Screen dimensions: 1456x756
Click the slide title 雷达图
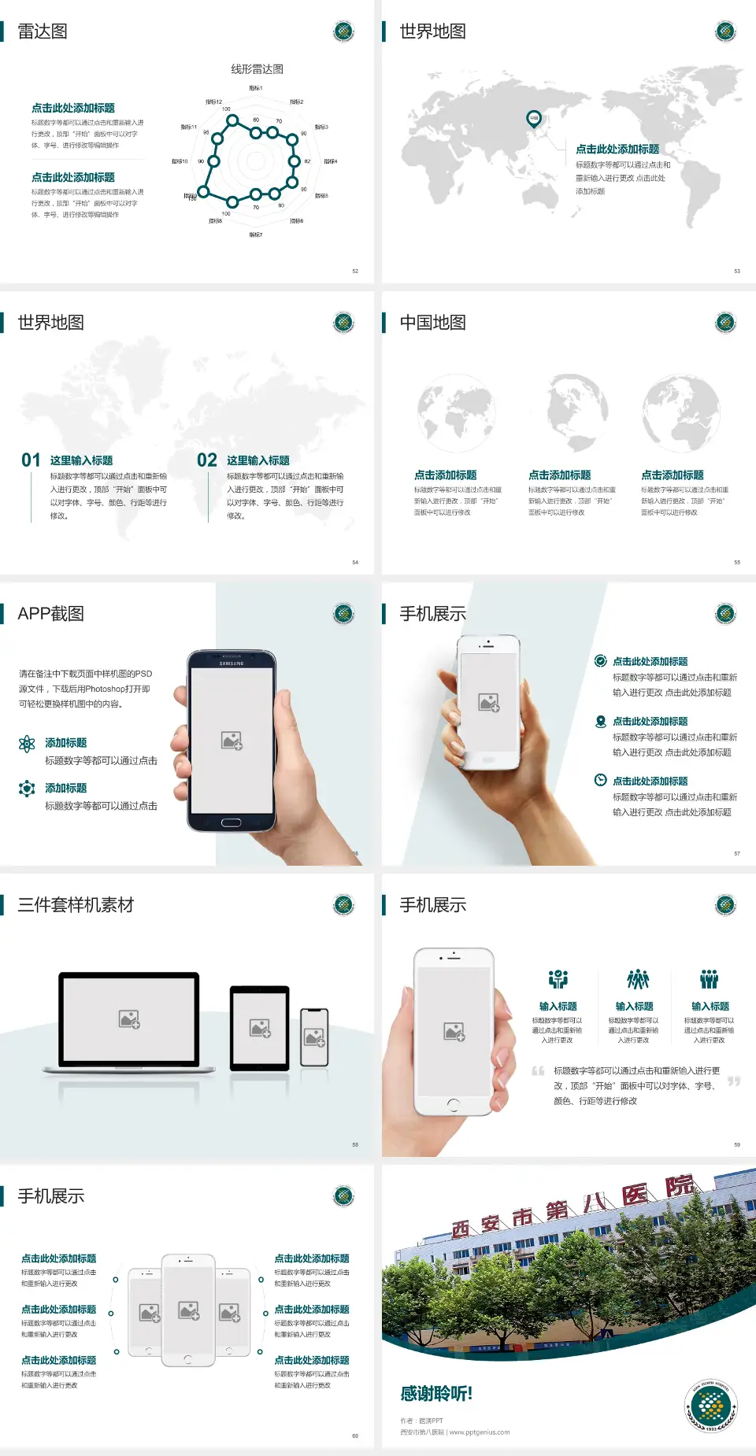coord(43,31)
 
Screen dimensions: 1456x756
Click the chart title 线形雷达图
coord(257,69)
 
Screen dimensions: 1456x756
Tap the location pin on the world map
coord(534,118)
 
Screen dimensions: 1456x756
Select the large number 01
coord(31,460)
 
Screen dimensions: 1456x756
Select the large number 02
coord(207,460)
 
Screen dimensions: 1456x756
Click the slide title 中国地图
coord(432,323)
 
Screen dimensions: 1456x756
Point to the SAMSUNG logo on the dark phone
coord(232,663)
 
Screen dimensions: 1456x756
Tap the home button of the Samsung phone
coord(231,822)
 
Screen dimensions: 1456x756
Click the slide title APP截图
coord(50,614)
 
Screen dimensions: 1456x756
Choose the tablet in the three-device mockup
coord(260,1028)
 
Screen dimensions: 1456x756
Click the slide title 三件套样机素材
coord(76,905)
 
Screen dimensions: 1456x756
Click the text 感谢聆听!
coord(436,1394)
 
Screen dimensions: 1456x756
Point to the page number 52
coord(355,272)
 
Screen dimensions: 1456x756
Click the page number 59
coord(737,1145)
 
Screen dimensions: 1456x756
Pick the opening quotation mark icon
coord(538,1071)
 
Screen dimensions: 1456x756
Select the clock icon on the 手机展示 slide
coord(600,780)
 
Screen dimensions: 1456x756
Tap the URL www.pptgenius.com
coord(480,1432)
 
